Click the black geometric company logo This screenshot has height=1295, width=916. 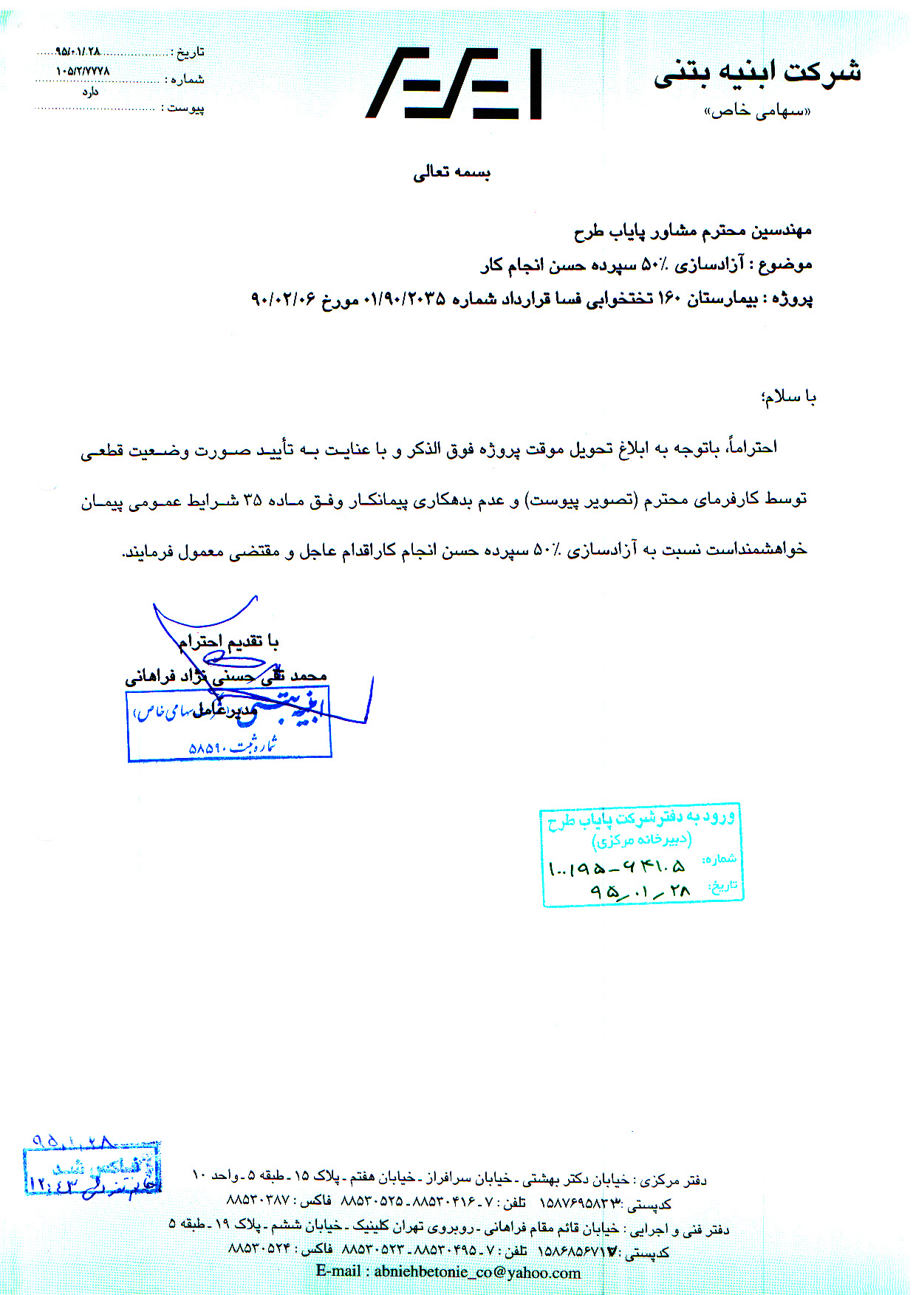(x=454, y=83)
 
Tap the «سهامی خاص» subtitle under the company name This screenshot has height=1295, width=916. (x=756, y=111)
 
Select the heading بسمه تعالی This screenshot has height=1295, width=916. (x=451, y=172)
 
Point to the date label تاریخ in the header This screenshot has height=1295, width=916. (x=188, y=52)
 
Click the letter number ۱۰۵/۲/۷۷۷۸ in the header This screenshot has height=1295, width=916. (x=83, y=71)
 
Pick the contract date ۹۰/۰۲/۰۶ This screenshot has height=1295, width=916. (x=284, y=299)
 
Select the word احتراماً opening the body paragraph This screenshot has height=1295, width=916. (x=753, y=448)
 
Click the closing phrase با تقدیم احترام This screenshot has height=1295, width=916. (x=228, y=640)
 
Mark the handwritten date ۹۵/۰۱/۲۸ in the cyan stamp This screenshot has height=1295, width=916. (x=640, y=892)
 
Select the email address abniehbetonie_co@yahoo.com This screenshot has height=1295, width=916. (x=476, y=1272)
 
